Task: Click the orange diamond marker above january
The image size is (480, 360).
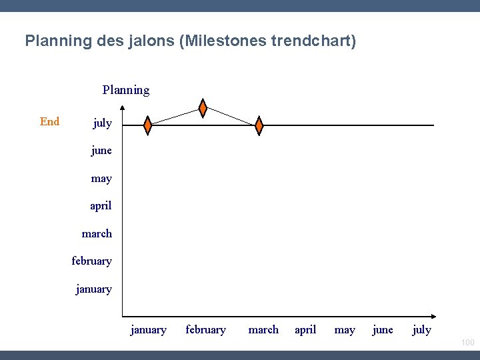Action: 148,125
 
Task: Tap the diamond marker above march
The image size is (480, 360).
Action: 259,125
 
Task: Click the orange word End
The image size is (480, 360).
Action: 50,121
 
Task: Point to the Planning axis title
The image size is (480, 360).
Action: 126,90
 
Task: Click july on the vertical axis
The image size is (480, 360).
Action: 102,123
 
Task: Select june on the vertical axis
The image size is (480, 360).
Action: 101,151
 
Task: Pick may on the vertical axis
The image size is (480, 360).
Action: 101,179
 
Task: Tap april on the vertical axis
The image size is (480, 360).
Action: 101,206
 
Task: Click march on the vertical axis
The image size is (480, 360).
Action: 97,234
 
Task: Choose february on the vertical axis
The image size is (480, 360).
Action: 92,261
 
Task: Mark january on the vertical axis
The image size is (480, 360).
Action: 94,289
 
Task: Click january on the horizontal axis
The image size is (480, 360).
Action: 149,330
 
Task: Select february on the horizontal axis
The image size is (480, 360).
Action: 205,330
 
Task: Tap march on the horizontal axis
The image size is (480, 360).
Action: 263,330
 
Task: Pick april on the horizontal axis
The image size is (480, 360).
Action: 305,330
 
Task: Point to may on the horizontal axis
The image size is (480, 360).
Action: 345,330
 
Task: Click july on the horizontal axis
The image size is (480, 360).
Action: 422,330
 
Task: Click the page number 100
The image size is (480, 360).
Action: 467,343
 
